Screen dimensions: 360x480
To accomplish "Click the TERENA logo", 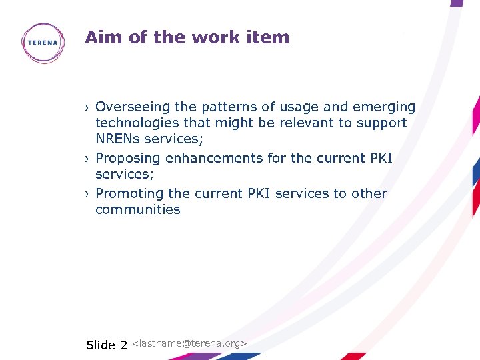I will pos(43,43).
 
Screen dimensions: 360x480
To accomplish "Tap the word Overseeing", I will pos(132,107).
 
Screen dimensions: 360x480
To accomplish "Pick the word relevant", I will pos(313,123).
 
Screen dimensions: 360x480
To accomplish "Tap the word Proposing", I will pos(128,159).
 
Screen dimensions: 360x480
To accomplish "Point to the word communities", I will pos(138,210).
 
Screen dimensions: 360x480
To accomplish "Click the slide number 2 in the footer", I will pos(123,345).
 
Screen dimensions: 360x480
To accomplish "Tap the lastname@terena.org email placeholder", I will pos(190,343).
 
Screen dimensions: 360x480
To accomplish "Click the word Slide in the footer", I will pos(101,345).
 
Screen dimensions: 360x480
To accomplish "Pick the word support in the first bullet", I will pos(382,123).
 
